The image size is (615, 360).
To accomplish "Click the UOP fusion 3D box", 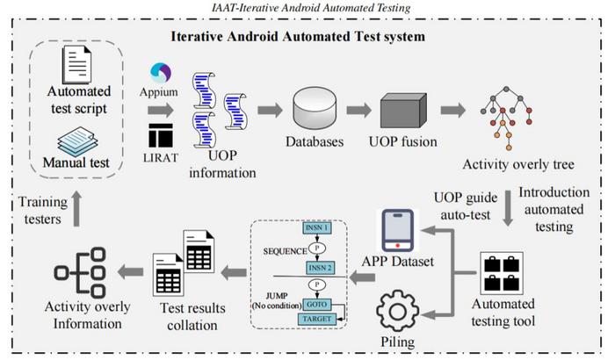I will click(402, 112).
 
